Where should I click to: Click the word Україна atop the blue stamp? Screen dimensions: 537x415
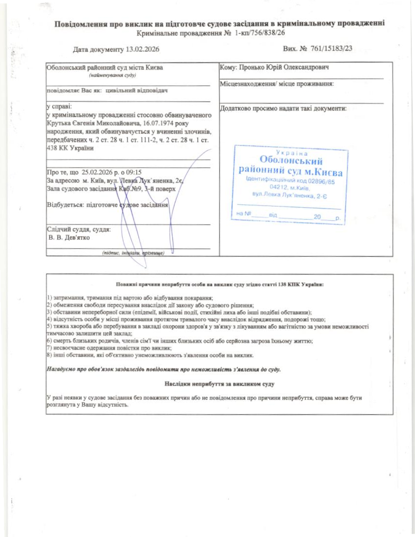[x=291, y=153]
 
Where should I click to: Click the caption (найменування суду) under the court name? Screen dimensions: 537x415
[x=112, y=75]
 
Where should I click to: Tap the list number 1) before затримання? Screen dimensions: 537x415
[x=49, y=297]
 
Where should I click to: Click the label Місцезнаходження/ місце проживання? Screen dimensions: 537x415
[x=277, y=84]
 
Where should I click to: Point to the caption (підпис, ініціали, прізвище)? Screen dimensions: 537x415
[x=133, y=253]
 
